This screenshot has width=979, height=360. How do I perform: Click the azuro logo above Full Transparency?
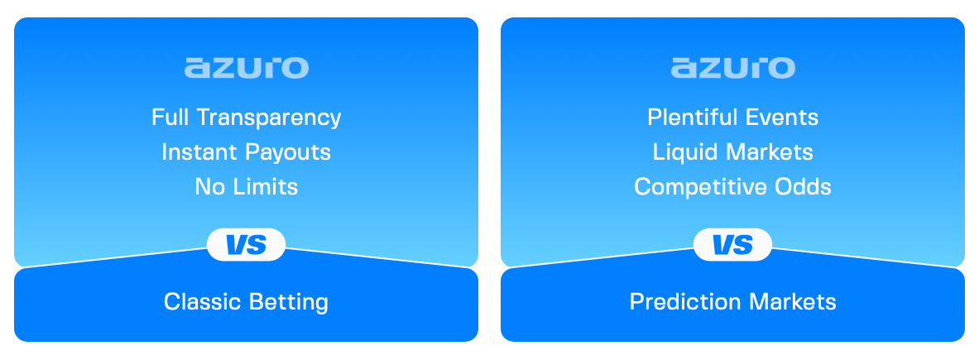coord(246,68)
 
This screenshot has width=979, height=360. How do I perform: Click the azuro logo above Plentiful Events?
coord(732,68)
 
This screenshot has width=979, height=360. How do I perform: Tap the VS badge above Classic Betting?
coord(246,245)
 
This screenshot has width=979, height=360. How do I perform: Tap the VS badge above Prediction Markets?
coord(732,245)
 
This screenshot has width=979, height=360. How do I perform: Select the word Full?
coord(169,118)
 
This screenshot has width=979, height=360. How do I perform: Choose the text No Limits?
coord(246,187)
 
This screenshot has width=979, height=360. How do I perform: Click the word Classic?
coord(200,301)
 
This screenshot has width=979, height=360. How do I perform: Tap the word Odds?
coord(804,187)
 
